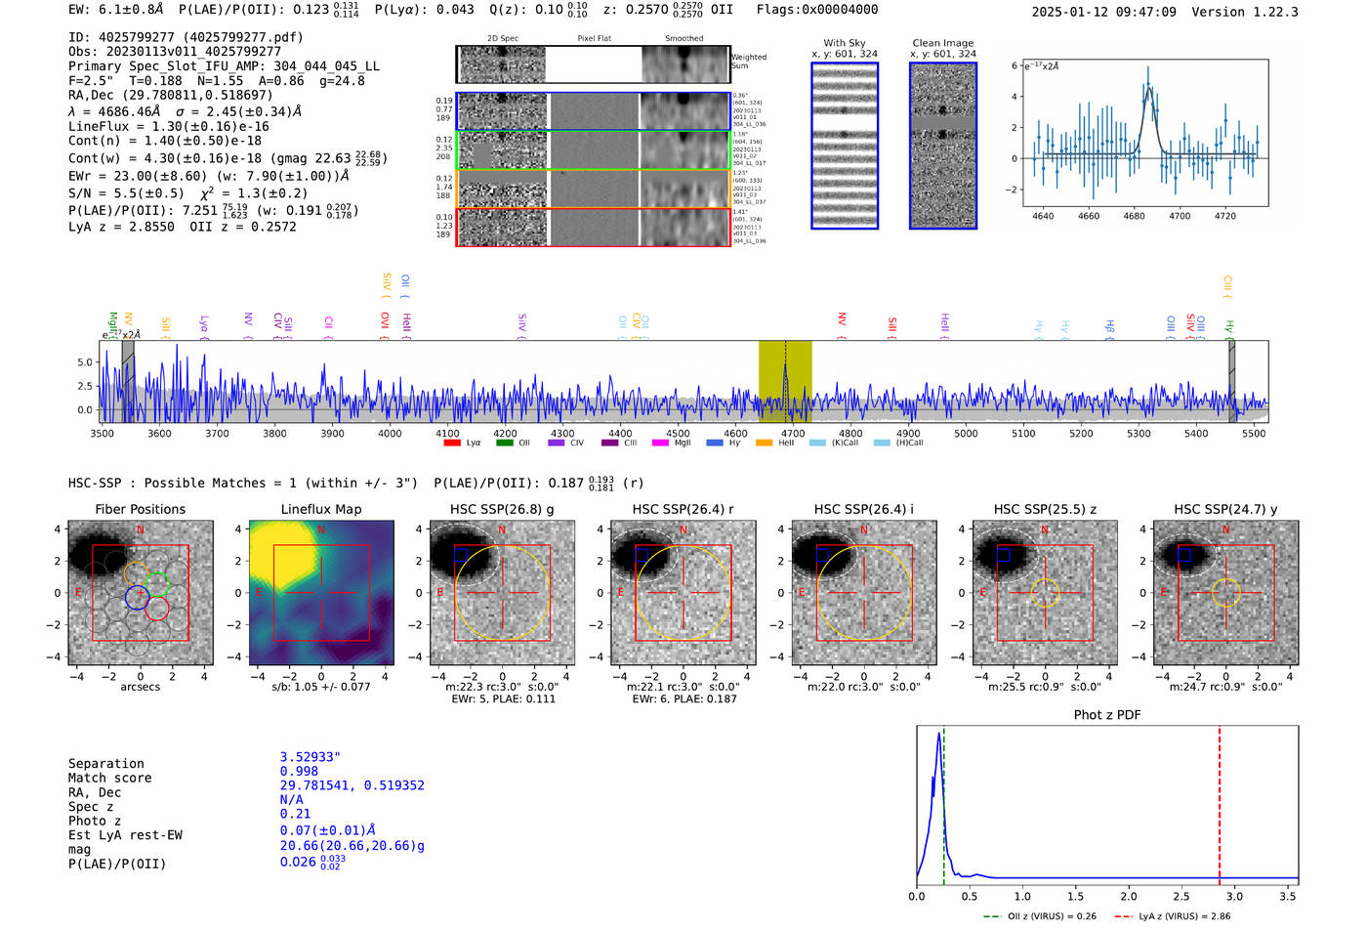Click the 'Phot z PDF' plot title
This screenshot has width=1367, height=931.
coord(1107,715)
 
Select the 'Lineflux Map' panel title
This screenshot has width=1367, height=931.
coord(320,509)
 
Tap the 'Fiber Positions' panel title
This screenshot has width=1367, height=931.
coord(140,509)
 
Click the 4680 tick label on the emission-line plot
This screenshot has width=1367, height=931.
coord(1134,216)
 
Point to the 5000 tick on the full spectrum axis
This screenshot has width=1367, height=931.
coord(966,433)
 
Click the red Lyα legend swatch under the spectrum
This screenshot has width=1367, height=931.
coord(452,443)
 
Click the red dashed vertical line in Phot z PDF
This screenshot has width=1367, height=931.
coord(1220,801)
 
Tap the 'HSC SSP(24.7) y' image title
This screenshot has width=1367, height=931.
coord(1225,509)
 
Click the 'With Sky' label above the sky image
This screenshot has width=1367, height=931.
coord(845,43)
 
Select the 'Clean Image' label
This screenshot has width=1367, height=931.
coord(942,43)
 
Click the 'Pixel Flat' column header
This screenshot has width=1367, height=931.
coord(594,39)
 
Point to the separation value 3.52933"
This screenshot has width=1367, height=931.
coord(310,757)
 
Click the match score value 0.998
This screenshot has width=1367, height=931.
coord(299,772)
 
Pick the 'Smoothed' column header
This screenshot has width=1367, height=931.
coord(683,39)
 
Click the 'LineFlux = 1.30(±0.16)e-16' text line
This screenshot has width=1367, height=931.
coord(168,126)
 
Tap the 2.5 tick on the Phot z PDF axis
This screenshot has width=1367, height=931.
coord(1181,896)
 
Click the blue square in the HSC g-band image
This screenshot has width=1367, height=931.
coord(461,555)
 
